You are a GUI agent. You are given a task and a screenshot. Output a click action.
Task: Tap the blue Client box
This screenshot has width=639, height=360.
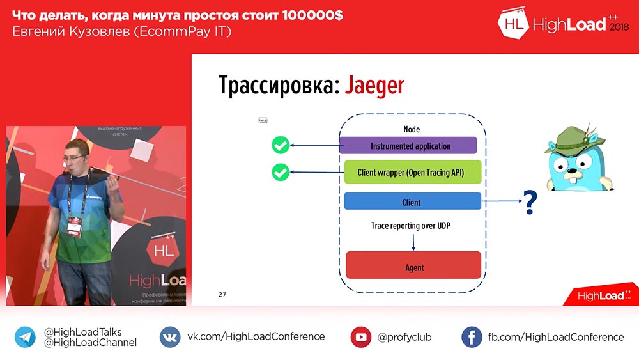pos(412,202)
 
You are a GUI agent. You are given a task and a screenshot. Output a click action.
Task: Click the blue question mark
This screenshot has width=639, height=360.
pos(530,203)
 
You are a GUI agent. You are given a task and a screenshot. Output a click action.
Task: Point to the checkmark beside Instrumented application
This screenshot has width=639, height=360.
pos(280,146)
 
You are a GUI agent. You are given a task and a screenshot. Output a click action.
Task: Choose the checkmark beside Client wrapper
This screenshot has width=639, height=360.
pos(280,172)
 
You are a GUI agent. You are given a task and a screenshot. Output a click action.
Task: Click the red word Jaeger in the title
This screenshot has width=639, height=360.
pos(374,85)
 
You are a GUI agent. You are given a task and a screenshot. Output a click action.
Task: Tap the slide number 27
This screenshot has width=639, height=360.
pos(222,295)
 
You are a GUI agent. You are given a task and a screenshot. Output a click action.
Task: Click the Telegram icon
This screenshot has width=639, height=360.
pos(26,337)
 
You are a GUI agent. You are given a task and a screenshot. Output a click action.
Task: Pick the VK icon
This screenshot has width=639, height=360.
pos(170,337)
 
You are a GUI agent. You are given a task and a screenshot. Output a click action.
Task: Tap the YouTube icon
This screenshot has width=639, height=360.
pos(361,337)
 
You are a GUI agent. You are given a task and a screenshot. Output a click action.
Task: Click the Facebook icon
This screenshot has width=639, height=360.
pos(472,337)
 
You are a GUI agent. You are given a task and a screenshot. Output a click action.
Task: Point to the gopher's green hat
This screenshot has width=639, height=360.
pos(569,138)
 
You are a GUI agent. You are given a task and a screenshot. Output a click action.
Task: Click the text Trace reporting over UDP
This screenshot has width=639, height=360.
pos(412,226)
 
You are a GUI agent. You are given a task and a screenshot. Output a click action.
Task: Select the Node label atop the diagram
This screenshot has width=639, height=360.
pos(412,130)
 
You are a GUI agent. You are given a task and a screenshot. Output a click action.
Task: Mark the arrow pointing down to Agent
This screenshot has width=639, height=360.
pos(414,242)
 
